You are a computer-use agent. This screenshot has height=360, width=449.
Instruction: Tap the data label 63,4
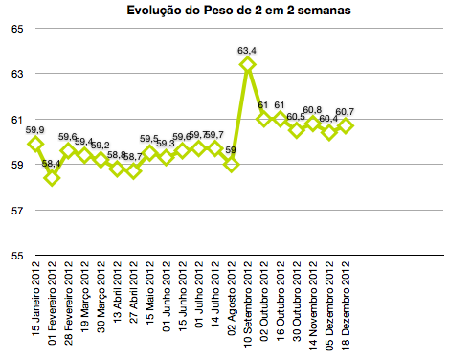tap(247, 50)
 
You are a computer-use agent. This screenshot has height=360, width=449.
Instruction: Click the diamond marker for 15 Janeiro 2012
tap(35, 144)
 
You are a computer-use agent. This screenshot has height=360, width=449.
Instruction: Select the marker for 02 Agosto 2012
tap(231, 165)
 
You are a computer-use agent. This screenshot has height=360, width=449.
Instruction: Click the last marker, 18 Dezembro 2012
tap(346, 125)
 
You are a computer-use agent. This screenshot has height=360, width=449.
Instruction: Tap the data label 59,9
tap(35, 129)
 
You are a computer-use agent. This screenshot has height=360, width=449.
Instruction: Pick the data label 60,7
tap(346, 111)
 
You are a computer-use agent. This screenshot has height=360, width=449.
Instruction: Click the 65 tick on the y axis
tap(17, 29)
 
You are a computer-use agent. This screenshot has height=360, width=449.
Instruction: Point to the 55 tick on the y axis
tap(17, 256)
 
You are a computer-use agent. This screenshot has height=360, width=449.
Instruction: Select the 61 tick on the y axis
tap(17, 120)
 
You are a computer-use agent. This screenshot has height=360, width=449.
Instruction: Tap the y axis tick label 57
tap(17, 211)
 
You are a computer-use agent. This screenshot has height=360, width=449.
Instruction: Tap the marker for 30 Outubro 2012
tap(297, 130)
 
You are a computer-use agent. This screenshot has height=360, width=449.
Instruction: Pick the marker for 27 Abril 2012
tap(133, 171)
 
